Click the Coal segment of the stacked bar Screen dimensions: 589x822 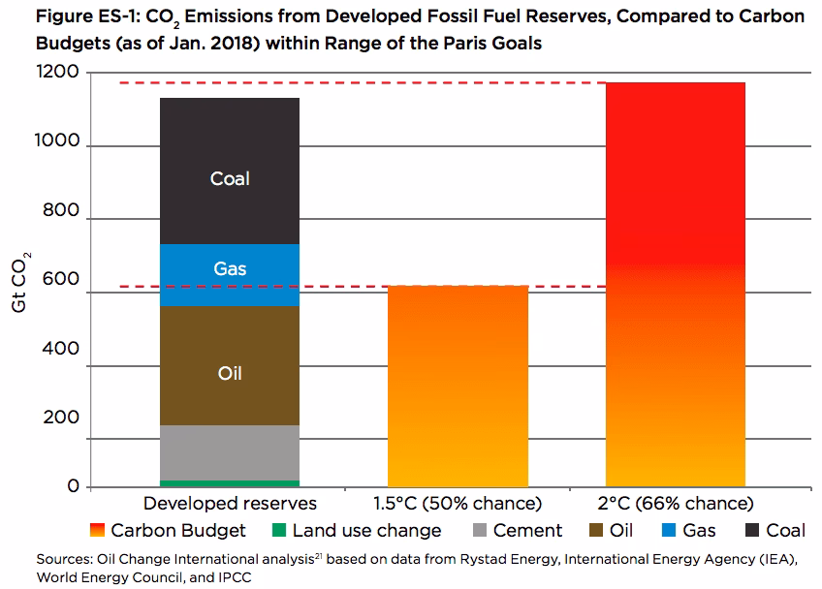229,170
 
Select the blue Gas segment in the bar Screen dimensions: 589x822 229,274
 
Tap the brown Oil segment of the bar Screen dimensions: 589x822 229,365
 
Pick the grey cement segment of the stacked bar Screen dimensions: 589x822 229,451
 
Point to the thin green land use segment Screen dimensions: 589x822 229,482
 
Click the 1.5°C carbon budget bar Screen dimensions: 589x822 458,387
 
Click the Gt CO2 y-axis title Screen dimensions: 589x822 20,281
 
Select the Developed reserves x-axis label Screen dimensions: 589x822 230,504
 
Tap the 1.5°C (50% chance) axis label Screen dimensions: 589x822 458,504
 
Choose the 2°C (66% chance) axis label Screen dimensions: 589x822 677,504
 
